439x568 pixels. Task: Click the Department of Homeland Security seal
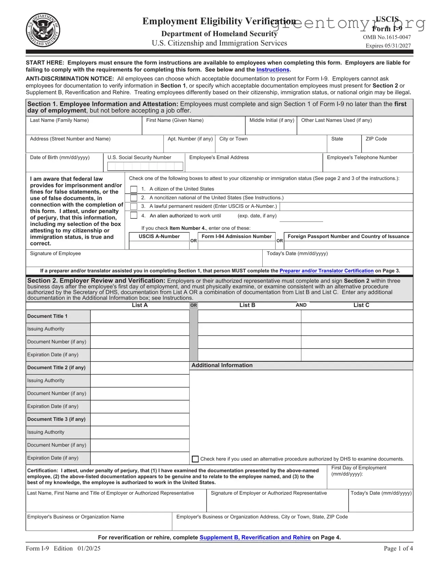(x=43, y=30)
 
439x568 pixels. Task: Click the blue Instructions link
(x=273, y=70)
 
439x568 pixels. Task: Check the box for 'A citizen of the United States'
(x=134, y=189)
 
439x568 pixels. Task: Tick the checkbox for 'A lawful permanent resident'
(x=134, y=206)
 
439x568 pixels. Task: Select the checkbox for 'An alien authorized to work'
(x=134, y=215)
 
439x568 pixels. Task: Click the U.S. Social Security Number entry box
(x=145, y=166)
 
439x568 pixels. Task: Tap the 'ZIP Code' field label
(x=376, y=139)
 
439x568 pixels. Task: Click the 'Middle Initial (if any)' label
(x=272, y=120)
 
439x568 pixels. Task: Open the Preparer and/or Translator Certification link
(x=326, y=271)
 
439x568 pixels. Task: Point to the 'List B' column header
(x=247, y=305)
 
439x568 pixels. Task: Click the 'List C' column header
(x=361, y=305)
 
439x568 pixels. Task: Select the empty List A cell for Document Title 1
(x=140, y=316)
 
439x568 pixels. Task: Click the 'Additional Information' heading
(x=222, y=366)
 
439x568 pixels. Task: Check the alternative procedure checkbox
(x=195, y=459)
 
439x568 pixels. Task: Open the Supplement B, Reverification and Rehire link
(x=255, y=538)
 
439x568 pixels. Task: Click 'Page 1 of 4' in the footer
(x=398, y=548)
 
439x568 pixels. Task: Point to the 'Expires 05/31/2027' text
(x=388, y=46)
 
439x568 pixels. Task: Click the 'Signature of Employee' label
(x=55, y=254)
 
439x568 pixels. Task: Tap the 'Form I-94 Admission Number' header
(x=236, y=237)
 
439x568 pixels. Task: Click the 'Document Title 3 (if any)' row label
(x=57, y=419)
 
